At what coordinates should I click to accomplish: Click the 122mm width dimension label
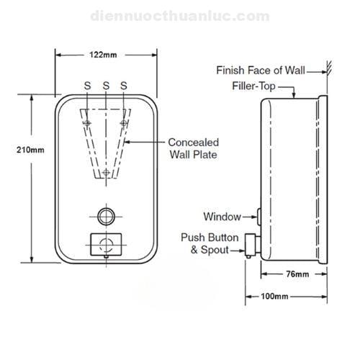click(x=103, y=55)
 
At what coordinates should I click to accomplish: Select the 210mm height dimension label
click(x=30, y=150)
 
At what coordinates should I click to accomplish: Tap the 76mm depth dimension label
click(x=297, y=274)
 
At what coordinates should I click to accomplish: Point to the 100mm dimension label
click(x=274, y=297)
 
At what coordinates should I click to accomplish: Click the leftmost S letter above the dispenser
click(x=88, y=86)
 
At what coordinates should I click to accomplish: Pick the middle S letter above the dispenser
click(x=106, y=86)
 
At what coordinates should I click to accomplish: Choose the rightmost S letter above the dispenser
click(x=124, y=86)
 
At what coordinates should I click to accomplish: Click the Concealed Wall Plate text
click(x=194, y=148)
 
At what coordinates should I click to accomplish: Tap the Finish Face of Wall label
click(x=261, y=71)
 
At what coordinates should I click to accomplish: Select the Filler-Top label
click(x=253, y=86)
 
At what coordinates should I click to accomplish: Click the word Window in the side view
click(x=222, y=217)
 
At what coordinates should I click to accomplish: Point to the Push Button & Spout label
click(x=210, y=243)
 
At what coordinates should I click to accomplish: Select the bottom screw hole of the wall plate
click(x=106, y=172)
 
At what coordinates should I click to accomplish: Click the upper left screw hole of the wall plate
click(x=87, y=123)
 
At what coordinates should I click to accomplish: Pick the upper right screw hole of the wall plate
click(x=124, y=123)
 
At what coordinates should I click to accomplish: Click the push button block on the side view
click(x=250, y=245)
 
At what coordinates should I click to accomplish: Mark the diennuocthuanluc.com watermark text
click(x=180, y=16)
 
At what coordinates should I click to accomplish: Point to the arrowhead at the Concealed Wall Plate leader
click(x=127, y=142)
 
